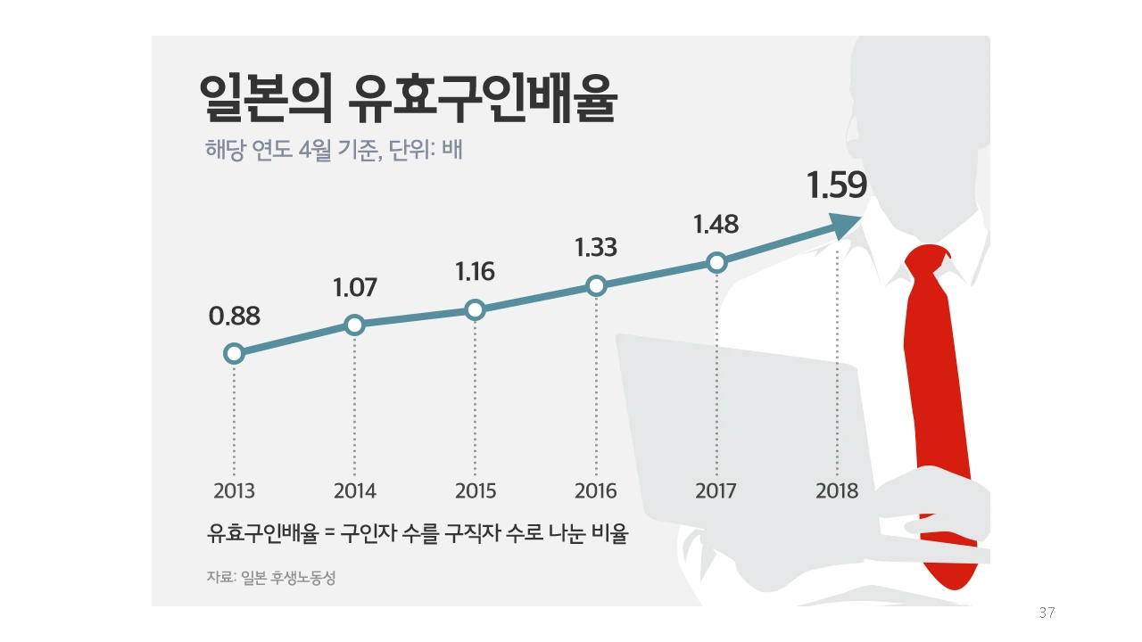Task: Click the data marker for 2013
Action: tap(234, 354)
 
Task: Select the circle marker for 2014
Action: tap(354, 325)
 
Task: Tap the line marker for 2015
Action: tap(475, 309)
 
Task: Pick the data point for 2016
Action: tap(596, 285)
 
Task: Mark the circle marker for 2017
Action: tap(716, 262)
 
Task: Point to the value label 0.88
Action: tap(235, 317)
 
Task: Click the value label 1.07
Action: tap(355, 288)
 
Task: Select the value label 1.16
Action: tap(475, 272)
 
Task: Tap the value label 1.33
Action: tap(596, 248)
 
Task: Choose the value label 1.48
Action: tap(716, 224)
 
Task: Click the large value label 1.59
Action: tap(836, 186)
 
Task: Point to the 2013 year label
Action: tap(235, 491)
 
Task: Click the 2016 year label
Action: tap(596, 491)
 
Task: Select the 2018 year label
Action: tap(837, 491)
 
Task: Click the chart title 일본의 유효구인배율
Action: tap(408, 99)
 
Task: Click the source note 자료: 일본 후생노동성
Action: tap(271, 578)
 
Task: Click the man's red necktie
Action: tap(936, 401)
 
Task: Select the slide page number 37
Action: tap(1047, 613)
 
